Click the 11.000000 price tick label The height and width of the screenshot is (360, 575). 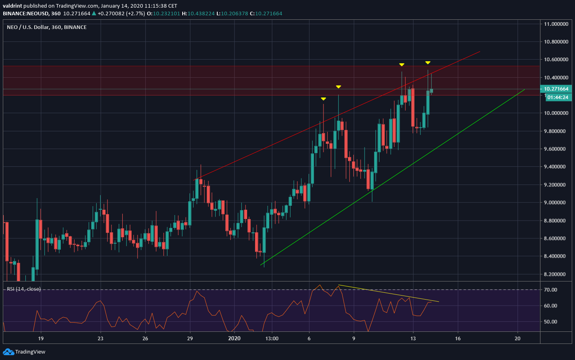[556, 24]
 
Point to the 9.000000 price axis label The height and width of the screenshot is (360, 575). [556, 203]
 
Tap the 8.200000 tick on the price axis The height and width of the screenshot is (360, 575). [556, 274]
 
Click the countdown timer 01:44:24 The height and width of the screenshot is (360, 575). [557, 97]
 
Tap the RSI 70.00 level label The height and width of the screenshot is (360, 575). [550, 290]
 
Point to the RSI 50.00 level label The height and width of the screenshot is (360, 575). [550, 322]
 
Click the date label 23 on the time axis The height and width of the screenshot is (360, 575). [100, 338]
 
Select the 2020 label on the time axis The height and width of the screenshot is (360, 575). [234, 338]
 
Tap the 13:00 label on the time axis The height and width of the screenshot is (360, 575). [272, 338]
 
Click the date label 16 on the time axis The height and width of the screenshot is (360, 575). [458, 338]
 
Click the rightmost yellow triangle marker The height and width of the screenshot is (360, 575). [428, 63]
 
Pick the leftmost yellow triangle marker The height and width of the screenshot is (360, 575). [323, 99]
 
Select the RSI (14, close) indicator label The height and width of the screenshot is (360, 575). [24, 289]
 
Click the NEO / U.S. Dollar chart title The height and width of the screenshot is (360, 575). [47, 27]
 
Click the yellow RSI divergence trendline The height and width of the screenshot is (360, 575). [388, 294]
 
